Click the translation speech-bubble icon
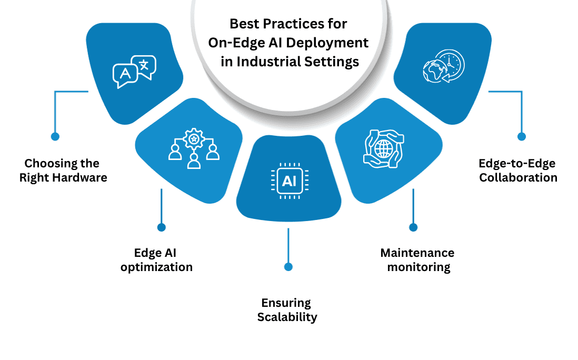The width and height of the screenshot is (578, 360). tap(135, 72)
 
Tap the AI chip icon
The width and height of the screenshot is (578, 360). tap(288, 181)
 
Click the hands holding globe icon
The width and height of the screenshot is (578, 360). tap(383, 149)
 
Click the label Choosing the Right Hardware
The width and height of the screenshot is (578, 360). tap(63, 171)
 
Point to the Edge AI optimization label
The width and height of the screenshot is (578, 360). tap(156, 261)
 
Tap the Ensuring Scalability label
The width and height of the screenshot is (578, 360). tap(287, 310)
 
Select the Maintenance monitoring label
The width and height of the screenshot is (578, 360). tap(417, 260)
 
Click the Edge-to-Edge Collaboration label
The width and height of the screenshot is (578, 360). tap(518, 171)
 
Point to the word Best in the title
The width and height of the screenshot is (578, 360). tap(245, 24)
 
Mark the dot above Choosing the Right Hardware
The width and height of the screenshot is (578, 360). tap(55, 136)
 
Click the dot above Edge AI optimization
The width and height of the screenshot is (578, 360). tap(162, 227)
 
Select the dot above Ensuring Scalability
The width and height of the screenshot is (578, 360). tap(288, 267)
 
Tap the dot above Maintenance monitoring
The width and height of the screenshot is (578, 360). tap(413, 227)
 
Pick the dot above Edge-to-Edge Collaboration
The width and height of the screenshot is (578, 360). tap(521, 136)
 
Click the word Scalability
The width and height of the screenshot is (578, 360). tap(287, 317)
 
